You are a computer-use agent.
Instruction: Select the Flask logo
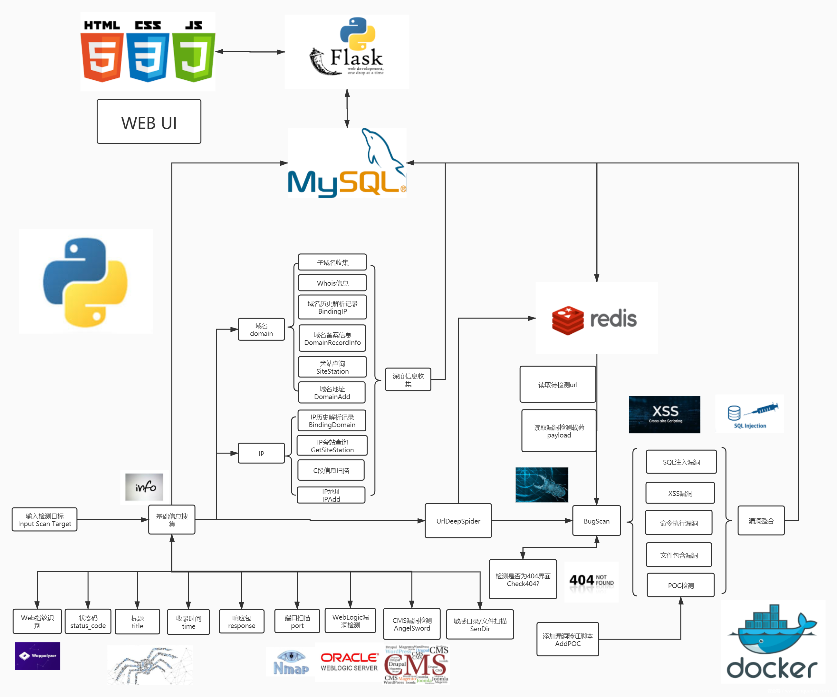(x=347, y=52)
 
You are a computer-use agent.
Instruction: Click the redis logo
(x=596, y=318)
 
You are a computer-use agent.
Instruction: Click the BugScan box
(x=596, y=521)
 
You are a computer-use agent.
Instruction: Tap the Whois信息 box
(x=332, y=283)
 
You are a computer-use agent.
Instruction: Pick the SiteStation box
(x=332, y=367)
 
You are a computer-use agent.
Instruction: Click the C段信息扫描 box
(x=331, y=470)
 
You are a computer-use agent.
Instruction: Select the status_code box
(x=88, y=622)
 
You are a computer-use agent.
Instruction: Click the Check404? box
(x=523, y=579)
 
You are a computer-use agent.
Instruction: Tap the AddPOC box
(x=568, y=639)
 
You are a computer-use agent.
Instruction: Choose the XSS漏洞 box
(x=680, y=493)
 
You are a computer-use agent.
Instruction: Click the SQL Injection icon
(x=750, y=414)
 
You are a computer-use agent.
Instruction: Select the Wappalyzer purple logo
(x=37, y=656)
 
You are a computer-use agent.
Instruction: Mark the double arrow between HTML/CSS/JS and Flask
(x=250, y=52)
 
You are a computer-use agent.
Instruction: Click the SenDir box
(x=480, y=624)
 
